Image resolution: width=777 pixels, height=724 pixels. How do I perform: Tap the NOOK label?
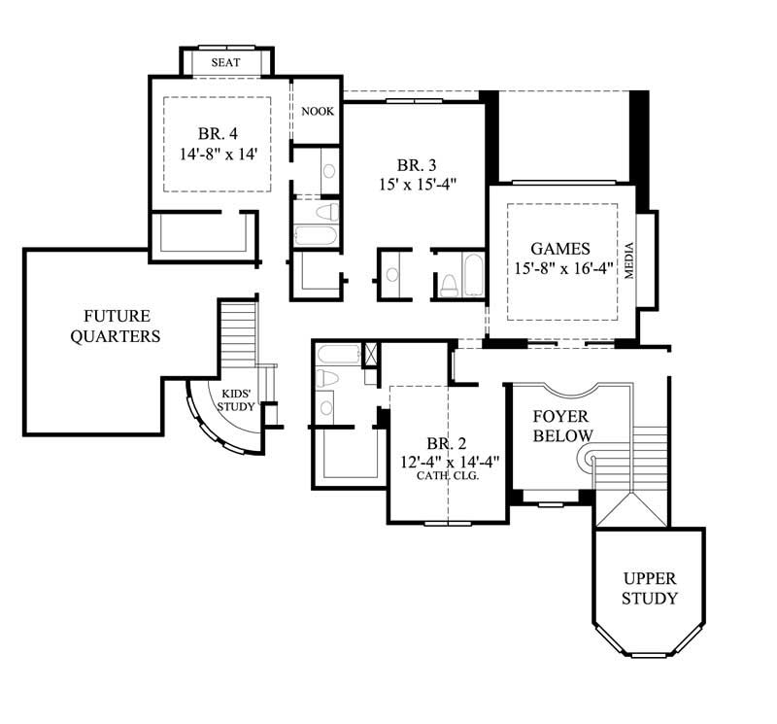tap(317, 112)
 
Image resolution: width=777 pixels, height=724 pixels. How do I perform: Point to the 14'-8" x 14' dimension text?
tap(217, 154)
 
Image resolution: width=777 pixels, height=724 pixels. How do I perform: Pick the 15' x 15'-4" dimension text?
tap(417, 182)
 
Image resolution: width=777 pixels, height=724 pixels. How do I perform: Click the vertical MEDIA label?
tap(629, 259)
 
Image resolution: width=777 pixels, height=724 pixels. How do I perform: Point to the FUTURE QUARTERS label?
tap(116, 327)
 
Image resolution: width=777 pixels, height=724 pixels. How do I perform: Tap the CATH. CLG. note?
tap(448, 476)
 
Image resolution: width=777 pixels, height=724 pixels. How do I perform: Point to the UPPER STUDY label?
tap(650, 589)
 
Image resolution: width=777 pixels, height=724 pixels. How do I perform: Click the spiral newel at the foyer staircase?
tap(586, 456)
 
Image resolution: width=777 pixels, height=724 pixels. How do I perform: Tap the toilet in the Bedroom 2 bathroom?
tap(326, 378)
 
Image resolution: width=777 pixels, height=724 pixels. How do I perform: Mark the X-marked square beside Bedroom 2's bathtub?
tap(371, 354)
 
